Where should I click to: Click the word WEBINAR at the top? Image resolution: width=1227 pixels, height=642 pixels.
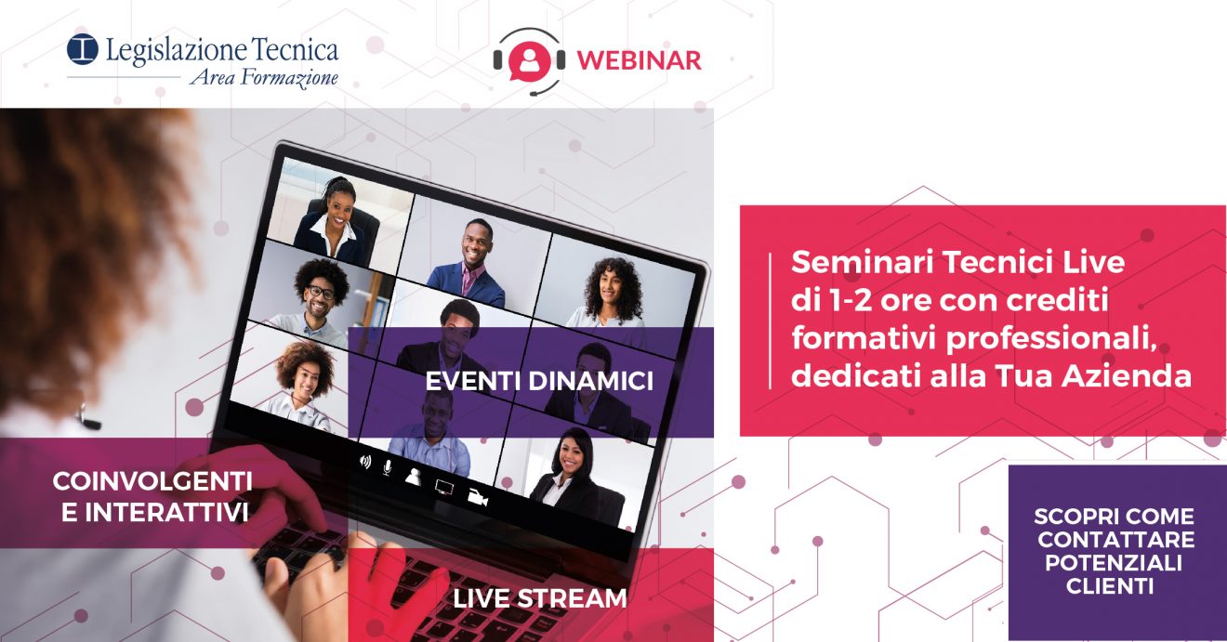click(640, 60)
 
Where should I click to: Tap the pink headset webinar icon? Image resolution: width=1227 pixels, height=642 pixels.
click(529, 61)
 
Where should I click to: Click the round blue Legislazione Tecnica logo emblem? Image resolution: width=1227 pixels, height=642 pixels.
click(83, 49)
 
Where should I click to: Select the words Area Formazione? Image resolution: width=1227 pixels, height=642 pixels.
click(264, 78)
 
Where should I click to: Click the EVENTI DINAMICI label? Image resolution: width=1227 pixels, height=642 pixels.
click(539, 381)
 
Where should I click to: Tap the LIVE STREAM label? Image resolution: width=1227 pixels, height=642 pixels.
click(540, 598)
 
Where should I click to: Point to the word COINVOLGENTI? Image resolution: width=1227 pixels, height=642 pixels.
click(152, 481)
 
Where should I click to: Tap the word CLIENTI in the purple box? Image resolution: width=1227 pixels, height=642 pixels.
click(1110, 586)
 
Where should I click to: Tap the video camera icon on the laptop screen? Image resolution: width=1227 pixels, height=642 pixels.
click(477, 497)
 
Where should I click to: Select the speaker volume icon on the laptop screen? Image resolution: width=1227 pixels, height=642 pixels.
click(365, 462)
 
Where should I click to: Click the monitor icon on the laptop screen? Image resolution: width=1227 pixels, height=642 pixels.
click(443, 487)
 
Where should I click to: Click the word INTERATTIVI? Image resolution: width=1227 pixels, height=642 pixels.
click(155, 513)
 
